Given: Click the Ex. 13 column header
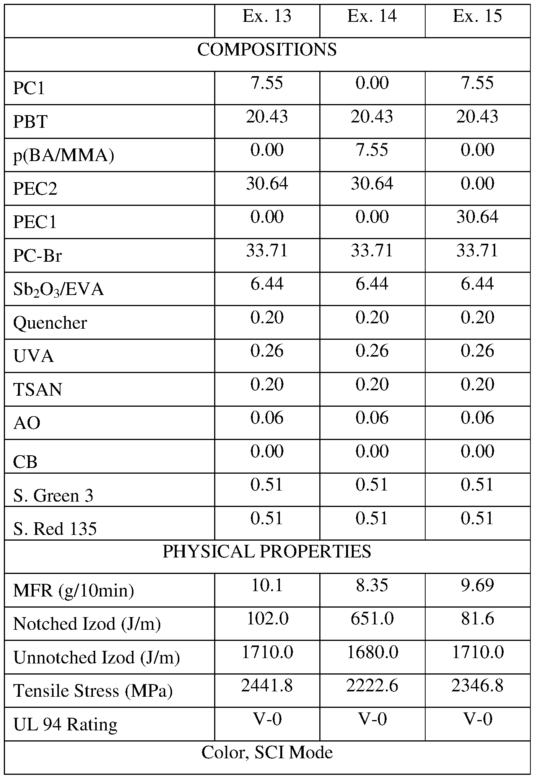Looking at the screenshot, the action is pyautogui.click(x=267, y=16).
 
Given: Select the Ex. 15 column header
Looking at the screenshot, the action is pyautogui.click(x=477, y=16).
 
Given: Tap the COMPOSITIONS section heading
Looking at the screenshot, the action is pyautogui.click(x=267, y=50).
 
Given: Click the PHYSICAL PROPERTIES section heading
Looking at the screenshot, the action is pyautogui.click(x=267, y=552).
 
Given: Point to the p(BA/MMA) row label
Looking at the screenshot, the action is pyautogui.click(x=63, y=156).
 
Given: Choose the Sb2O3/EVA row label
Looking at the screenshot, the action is pyautogui.click(x=59, y=290).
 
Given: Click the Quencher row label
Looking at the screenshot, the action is pyautogui.click(x=50, y=323).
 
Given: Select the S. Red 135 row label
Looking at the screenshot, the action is pyautogui.click(x=55, y=529).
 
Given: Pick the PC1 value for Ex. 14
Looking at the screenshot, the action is pyautogui.click(x=372, y=83).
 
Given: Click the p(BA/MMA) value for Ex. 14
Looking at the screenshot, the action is pyautogui.click(x=372, y=150).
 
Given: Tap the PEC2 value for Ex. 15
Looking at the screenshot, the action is pyautogui.click(x=477, y=184).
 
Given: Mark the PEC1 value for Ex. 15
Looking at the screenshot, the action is pyautogui.click(x=477, y=217).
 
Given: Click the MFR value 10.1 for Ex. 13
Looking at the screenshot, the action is pyautogui.click(x=267, y=585).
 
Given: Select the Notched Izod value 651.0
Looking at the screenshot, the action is pyautogui.click(x=372, y=619).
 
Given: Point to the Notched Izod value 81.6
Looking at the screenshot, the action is pyautogui.click(x=477, y=619).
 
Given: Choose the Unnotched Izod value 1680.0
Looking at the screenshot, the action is pyautogui.click(x=372, y=652).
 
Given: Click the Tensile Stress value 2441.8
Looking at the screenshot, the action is pyautogui.click(x=267, y=686).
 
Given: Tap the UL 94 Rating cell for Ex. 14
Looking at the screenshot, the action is pyautogui.click(x=372, y=719).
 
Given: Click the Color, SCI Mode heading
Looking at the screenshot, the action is pyautogui.click(x=267, y=753).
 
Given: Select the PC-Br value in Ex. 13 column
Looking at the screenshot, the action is pyautogui.click(x=267, y=251).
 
